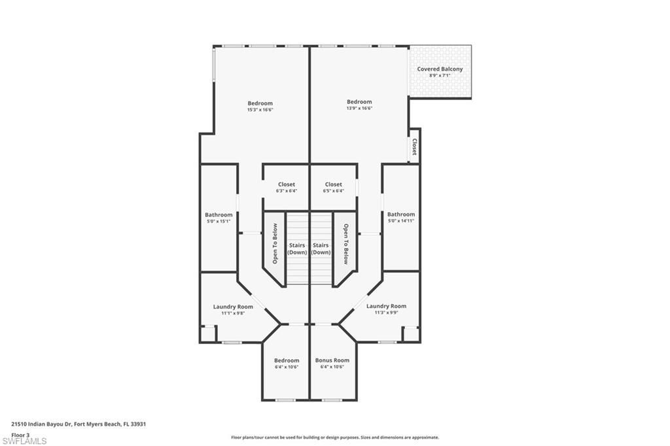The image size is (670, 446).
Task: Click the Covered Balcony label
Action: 440,69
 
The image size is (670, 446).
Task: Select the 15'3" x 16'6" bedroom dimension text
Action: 260,110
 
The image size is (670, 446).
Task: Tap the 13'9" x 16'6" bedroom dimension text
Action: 359,108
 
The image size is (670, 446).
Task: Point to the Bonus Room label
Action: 332,360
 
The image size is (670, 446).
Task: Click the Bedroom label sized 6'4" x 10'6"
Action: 287,360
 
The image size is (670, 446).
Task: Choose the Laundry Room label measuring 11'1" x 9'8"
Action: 233,307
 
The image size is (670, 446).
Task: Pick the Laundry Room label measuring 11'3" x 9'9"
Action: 386,306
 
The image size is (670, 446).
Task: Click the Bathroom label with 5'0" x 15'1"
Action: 219,214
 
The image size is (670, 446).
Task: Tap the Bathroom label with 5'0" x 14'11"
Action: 400,214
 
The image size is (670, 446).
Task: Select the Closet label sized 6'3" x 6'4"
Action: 287,184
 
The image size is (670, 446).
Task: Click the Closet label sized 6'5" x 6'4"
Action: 333,184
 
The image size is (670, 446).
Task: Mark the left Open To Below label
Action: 275,244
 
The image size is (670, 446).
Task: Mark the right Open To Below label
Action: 345,244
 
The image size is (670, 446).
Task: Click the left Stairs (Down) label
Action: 297,249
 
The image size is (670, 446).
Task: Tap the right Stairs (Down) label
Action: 321,249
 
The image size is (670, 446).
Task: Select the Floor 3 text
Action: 20,434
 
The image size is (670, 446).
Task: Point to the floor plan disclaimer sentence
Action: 334,437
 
